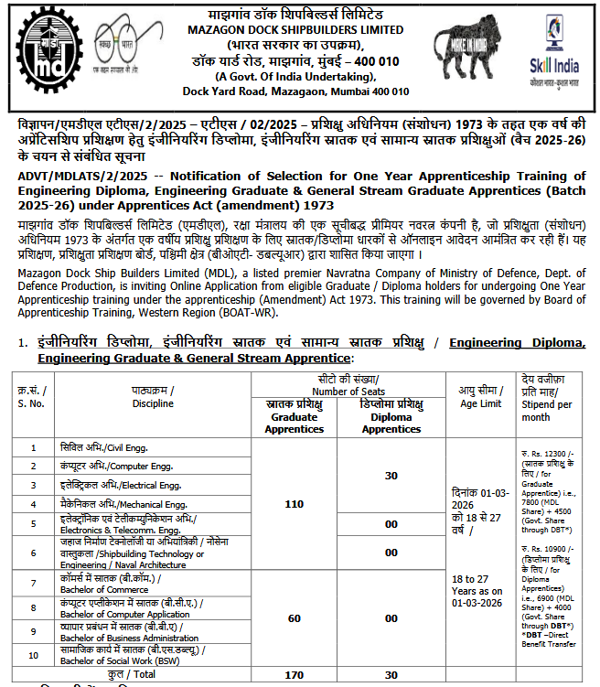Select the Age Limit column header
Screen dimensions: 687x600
479,396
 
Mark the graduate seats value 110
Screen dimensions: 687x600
295,504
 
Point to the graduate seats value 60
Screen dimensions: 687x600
295,618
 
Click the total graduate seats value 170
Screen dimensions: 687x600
295,675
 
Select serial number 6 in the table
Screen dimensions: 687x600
34,553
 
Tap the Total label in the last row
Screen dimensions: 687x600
140,675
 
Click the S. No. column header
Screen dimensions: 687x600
34,396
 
